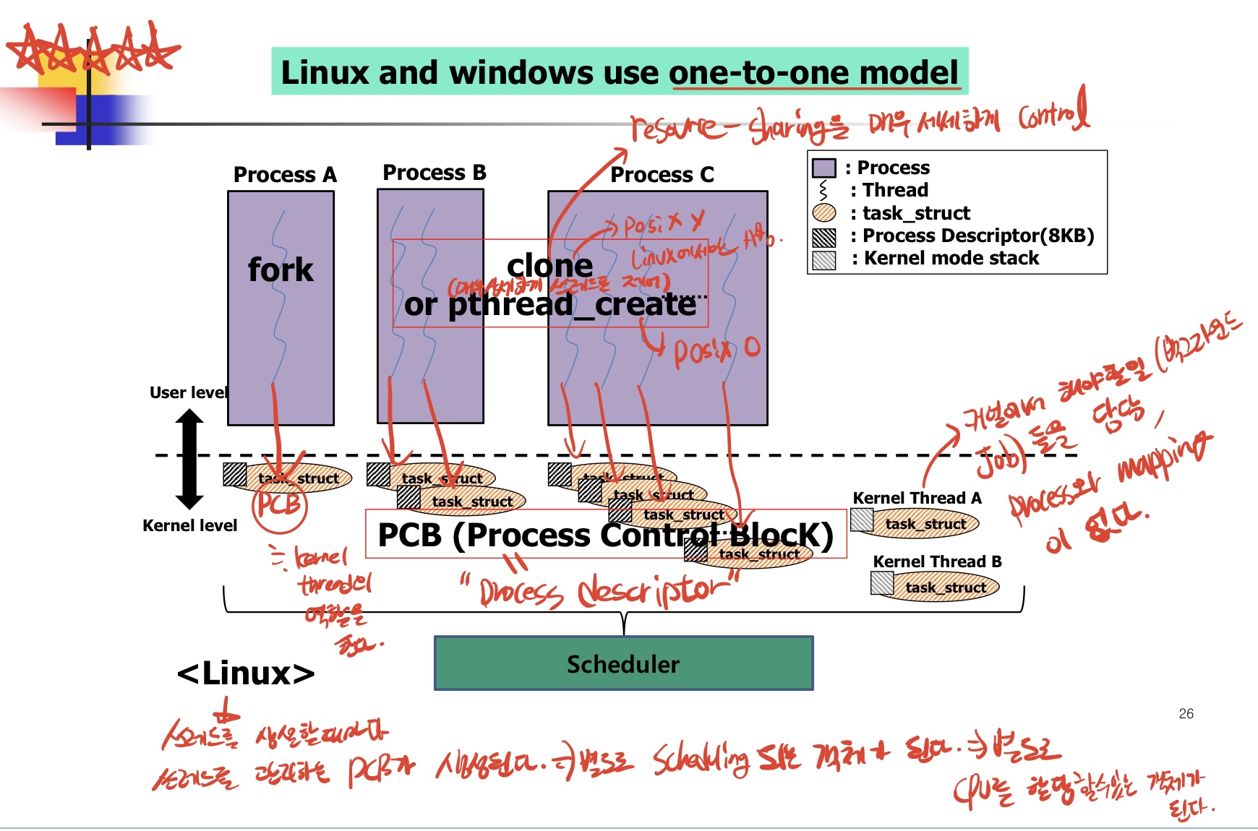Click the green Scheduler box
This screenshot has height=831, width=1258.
pyautogui.click(x=623, y=663)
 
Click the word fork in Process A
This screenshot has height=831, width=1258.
pyautogui.click(x=281, y=270)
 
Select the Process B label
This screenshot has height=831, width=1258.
pyautogui.click(x=434, y=173)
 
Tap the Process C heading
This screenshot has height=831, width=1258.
pyautogui.click(x=662, y=175)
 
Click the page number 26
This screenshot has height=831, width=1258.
pyautogui.click(x=1186, y=714)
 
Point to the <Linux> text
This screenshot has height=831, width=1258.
pyautogui.click(x=246, y=673)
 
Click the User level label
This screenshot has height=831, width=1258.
pyautogui.click(x=188, y=392)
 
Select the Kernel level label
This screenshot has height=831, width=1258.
pyautogui.click(x=189, y=525)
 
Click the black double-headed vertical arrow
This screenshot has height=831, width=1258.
pyautogui.click(x=189, y=459)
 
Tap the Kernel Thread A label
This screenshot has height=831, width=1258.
pyautogui.click(x=917, y=498)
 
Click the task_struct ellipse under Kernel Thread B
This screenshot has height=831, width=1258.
pyautogui.click(x=945, y=587)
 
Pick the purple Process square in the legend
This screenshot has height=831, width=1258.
pyautogui.click(x=823, y=168)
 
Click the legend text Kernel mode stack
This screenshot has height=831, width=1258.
pyautogui.click(x=951, y=258)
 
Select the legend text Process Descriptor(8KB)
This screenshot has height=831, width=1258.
pyautogui.click(x=977, y=236)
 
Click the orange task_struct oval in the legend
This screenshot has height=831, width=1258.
pyautogui.click(x=823, y=212)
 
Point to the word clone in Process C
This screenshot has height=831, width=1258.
pyautogui.click(x=549, y=266)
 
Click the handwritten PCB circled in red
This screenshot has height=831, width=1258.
pyautogui.click(x=279, y=504)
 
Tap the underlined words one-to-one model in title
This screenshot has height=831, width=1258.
pyautogui.click(x=813, y=73)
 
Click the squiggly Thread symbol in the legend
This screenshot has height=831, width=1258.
pyautogui.click(x=823, y=190)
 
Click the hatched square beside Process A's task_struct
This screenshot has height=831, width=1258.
pyautogui.click(x=234, y=475)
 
